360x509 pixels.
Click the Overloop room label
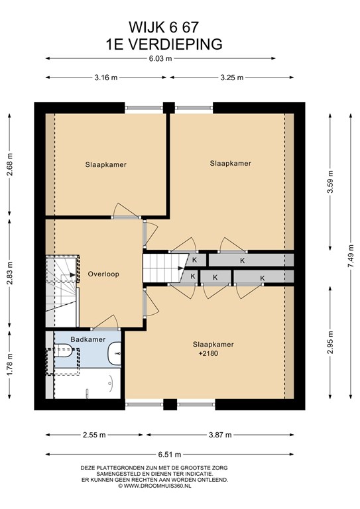[103, 274]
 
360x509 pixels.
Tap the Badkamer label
[88, 339]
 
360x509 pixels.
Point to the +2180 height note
[208, 353]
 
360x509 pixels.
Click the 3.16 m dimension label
[106, 78]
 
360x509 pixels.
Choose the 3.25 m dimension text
[232, 78]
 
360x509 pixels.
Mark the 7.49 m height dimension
[351, 256]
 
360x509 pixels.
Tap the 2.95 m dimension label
[330, 343]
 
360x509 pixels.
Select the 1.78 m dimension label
[9, 365]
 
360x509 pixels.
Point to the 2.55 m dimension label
[94, 435]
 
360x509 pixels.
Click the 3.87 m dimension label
[220, 435]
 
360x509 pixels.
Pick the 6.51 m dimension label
[170, 455]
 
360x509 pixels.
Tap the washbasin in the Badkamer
[114, 353]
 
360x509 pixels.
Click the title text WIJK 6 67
[164, 27]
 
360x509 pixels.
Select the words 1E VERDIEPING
[164, 44]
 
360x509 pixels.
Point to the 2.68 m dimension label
[9, 164]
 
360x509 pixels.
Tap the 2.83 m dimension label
[9, 273]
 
